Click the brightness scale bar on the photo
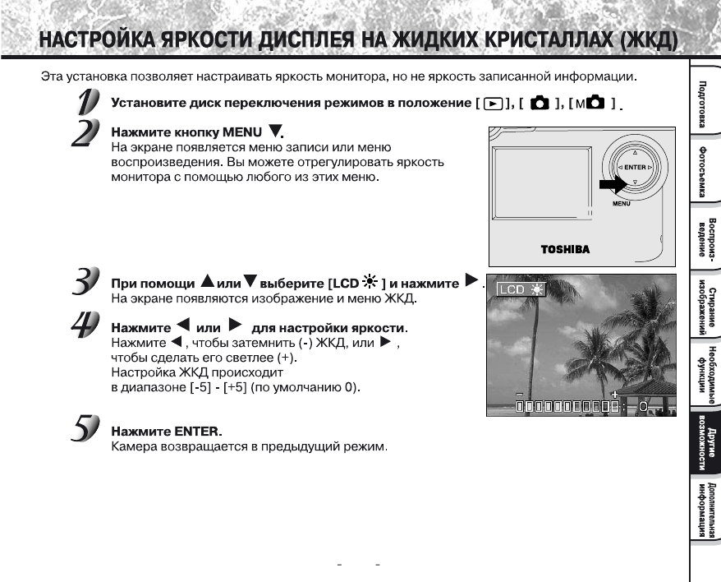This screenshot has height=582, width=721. [567, 406]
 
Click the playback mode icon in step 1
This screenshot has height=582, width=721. [490, 105]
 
